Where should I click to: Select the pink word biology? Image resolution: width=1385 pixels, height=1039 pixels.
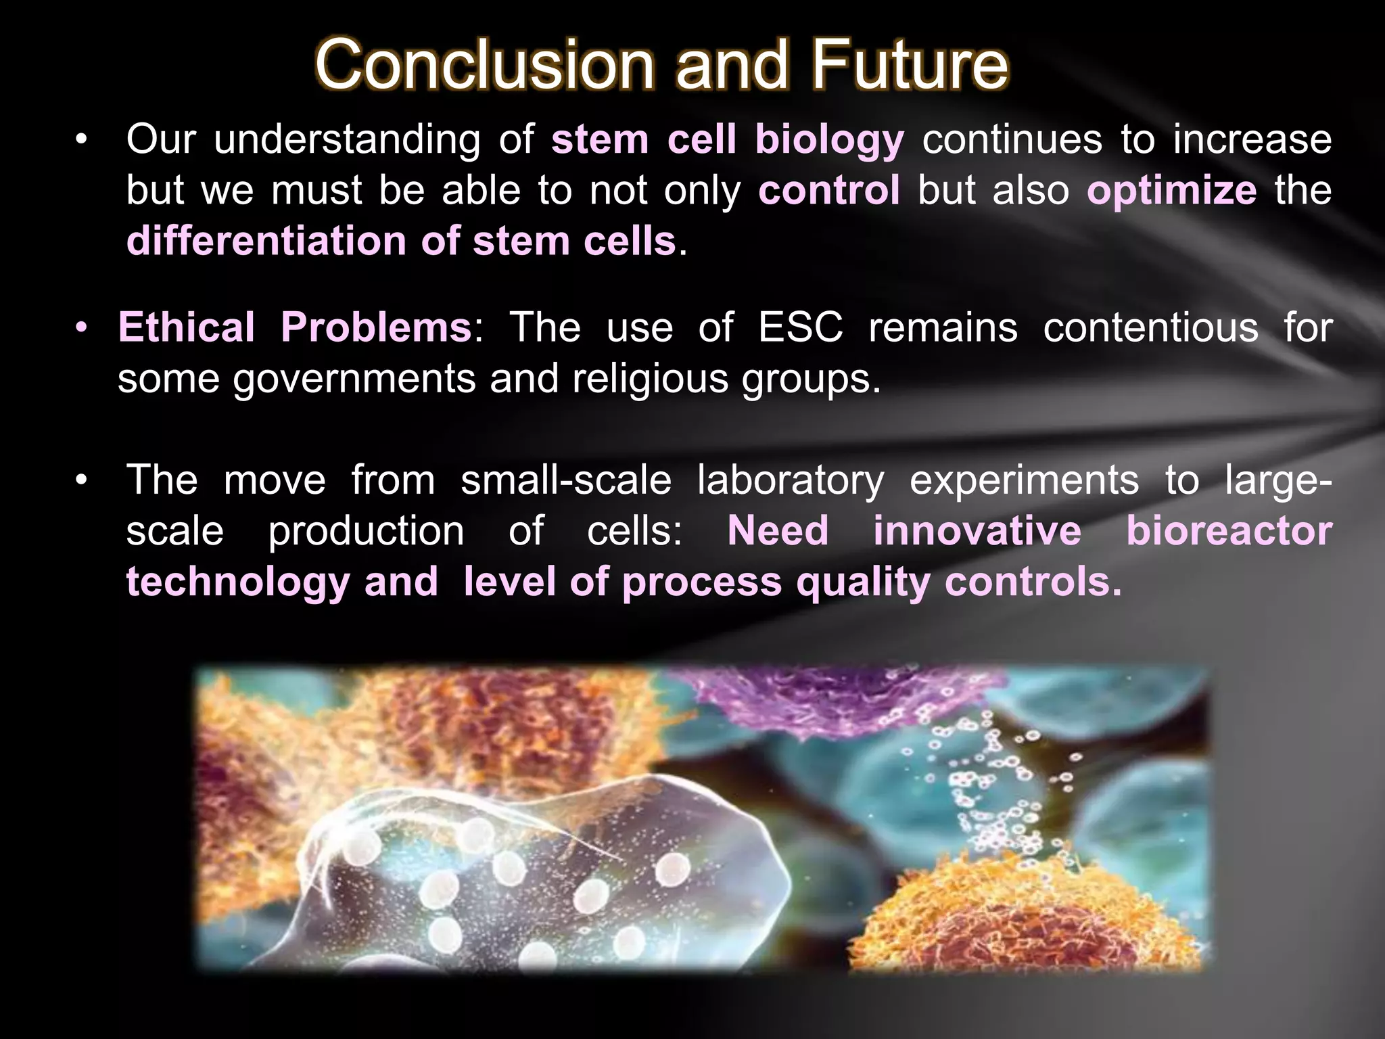tap(829, 140)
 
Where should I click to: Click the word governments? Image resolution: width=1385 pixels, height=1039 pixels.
tap(354, 379)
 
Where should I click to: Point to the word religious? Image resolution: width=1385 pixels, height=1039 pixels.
tap(650, 379)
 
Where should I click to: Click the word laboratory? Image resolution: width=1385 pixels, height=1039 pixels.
tap(790, 480)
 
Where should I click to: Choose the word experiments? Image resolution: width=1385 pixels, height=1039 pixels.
tap(1024, 480)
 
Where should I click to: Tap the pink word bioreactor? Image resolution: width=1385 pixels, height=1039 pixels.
tap(1229, 531)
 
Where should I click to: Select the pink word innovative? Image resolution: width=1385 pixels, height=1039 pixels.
tap(977, 531)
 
